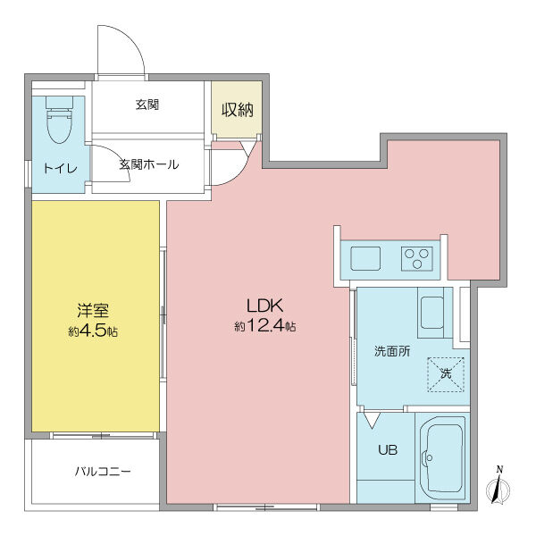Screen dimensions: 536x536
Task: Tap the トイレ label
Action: pos(60,168)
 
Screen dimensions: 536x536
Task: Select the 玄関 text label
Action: pos(147,105)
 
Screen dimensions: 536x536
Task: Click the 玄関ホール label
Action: pos(149,164)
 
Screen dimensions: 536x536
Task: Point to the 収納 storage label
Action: pos(237,110)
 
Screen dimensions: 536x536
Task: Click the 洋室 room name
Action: pos(93,312)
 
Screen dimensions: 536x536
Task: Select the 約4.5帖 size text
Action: pos(93,331)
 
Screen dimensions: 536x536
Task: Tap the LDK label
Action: pos(265,306)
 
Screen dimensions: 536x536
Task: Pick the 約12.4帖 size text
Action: pos(265,327)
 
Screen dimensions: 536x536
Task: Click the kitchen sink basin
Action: pos(364,259)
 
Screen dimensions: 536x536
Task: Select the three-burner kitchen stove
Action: pos(415,258)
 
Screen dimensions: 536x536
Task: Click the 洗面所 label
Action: pos(391,351)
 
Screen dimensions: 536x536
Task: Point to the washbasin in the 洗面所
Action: pos(432,313)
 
